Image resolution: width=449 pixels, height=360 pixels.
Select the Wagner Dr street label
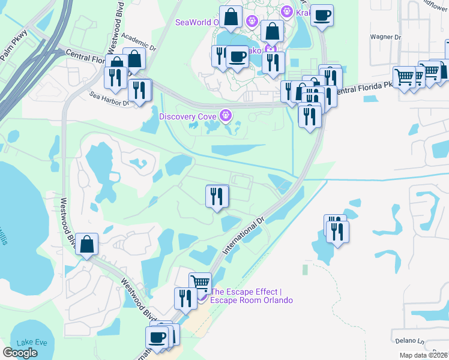385,37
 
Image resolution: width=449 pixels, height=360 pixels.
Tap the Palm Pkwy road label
13,45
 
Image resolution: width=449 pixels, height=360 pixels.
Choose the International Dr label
244,234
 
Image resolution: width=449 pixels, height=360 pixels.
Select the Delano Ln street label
409,332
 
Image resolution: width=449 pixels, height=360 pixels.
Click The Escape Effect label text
251,296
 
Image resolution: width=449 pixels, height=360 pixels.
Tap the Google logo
20,353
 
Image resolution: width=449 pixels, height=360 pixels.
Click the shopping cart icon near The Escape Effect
200,282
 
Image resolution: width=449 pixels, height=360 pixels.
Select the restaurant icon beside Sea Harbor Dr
140,90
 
